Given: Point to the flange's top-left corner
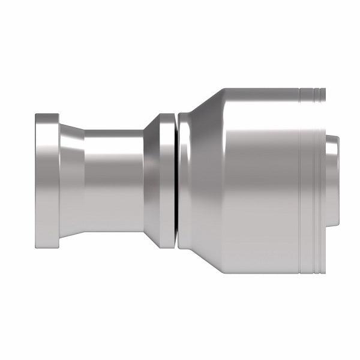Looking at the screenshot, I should point(36,114).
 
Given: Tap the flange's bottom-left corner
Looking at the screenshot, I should point(36,247).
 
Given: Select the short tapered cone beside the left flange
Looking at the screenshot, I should point(72,180).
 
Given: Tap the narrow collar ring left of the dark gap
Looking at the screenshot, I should point(166,180).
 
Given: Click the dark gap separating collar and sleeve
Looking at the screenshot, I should point(176,180).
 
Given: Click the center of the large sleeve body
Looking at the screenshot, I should point(252,180).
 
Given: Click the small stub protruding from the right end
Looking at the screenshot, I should point(334,180).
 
